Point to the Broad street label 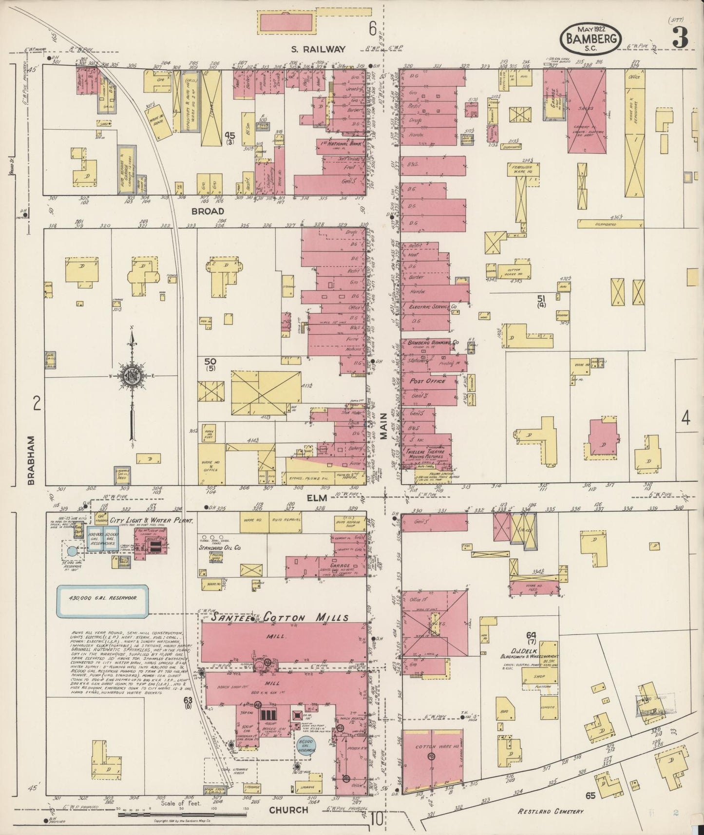(208, 211)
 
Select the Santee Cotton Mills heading (275, 617)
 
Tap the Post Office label (427, 381)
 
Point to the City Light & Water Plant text (151, 521)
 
